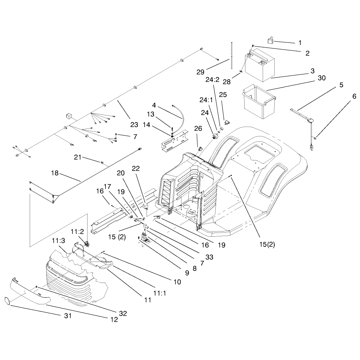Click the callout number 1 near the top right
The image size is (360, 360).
300,43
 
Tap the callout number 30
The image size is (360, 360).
322,78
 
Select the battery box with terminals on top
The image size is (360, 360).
260,65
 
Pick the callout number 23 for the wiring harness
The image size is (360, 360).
134,125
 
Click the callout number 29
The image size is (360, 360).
200,72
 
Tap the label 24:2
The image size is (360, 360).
212,80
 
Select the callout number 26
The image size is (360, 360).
198,129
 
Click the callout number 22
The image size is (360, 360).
136,168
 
